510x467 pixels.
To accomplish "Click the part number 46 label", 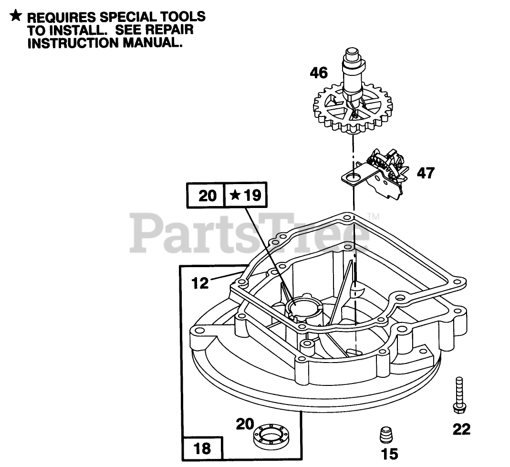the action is click(x=319, y=73).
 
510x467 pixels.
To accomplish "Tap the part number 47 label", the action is click(x=426, y=173).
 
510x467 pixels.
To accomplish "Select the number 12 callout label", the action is click(x=201, y=283).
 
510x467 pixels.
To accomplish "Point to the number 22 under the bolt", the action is click(x=461, y=429).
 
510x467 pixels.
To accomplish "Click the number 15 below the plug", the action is click(x=390, y=454).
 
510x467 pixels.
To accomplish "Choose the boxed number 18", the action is click(x=202, y=449).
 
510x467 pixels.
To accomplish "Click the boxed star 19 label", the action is click(x=246, y=195).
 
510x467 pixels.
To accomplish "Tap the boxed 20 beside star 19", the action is click(x=207, y=195).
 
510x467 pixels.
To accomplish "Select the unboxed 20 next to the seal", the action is click(x=245, y=424).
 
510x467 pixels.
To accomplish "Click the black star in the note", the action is click(x=16, y=16).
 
